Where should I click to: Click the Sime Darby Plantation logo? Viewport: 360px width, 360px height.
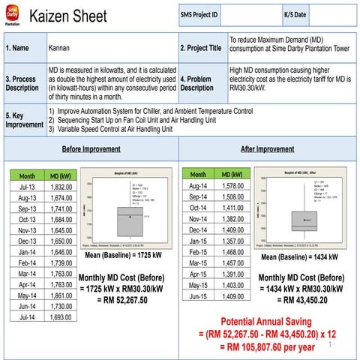pyautogui.click(x=12, y=14)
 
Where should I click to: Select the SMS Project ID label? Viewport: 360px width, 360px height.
pyautogui.click(x=199, y=15)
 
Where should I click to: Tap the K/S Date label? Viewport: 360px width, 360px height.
pyautogui.click(x=295, y=15)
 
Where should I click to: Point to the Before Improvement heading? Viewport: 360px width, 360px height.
pyautogui.click(x=91, y=148)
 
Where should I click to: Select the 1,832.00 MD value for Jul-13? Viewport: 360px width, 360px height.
pyautogui.click(x=61, y=187)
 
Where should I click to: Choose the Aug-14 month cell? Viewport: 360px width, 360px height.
pyautogui.click(x=198, y=185)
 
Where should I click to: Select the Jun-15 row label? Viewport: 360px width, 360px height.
pyautogui.click(x=198, y=296)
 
